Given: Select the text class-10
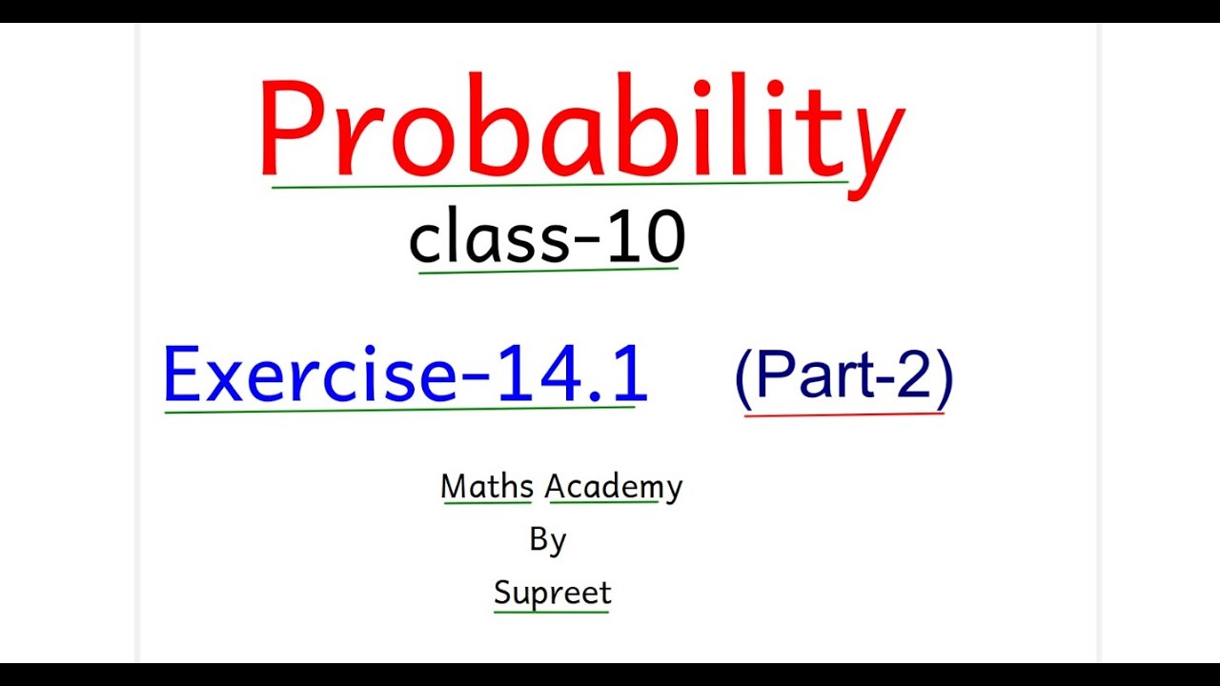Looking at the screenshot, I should [x=546, y=238].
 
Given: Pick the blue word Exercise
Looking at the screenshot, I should [x=310, y=373].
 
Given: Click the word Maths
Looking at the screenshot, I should [x=486, y=487].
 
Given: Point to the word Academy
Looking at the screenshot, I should [x=614, y=487].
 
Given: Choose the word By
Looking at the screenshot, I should [x=548, y=540].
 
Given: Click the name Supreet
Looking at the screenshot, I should [x=552, y=593].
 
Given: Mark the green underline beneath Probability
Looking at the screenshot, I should [x=559, y=185].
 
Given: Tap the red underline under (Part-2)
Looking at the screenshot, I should [x=844, y=414].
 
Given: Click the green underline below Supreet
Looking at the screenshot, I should [x=551, y=611].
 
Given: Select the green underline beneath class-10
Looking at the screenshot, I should [x=548, y=272].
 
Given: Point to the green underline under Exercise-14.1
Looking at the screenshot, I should [x=400, y=411].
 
